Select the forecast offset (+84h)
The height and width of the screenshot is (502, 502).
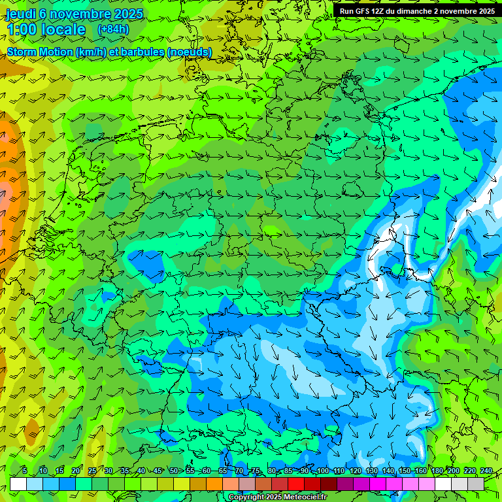113,29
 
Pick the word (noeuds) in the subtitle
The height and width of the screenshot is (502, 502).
190,52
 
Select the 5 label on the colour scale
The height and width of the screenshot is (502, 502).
25,471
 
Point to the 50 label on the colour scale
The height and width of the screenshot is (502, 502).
173,471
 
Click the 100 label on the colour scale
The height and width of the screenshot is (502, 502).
322,471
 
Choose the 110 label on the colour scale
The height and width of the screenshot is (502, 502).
339,471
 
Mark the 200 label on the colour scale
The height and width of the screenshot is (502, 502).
454,471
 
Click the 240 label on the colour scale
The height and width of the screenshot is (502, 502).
486,471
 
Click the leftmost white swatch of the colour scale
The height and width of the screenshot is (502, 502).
18,484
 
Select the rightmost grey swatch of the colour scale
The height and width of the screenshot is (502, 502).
476,484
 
